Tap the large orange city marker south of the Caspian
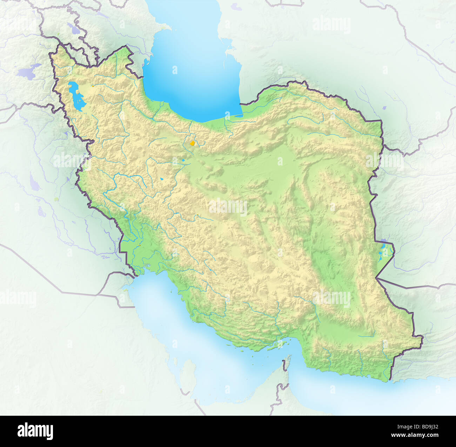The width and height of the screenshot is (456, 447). [x=192, y=143]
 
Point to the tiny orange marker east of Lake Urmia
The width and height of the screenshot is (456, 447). [x=93, y=85]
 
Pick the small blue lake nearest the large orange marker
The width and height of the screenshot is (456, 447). [x=183, y=161]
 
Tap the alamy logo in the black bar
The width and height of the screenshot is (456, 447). [x=35, y=431]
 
